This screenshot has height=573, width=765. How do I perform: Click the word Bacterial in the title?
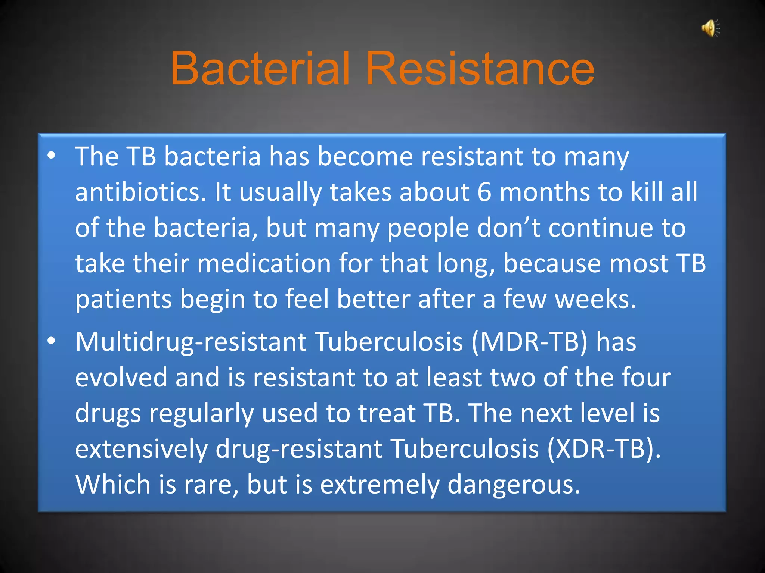(x=260, y=69)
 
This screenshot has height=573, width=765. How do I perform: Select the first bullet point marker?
(x=52, y=156)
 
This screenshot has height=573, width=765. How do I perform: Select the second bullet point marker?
(x=52, y=341)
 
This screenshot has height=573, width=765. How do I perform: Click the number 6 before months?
(x=484, y=192)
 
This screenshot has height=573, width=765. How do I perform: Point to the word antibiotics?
(x=140, y=192)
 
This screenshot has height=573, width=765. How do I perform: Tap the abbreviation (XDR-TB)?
(x=604, y=449)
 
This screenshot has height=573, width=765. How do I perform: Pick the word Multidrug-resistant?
(x=191, y=342)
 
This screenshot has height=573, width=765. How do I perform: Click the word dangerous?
(x=514, y=485)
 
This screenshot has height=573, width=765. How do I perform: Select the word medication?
(x=264, y=264)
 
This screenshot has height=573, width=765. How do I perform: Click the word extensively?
(x=141, y=449)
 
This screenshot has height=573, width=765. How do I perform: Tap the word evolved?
(x=121, y=377)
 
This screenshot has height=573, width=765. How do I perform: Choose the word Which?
(x=113, y=485)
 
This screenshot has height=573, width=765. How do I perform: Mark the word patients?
(x=123, y=300)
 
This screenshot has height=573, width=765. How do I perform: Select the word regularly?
(x=201, y=413)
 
